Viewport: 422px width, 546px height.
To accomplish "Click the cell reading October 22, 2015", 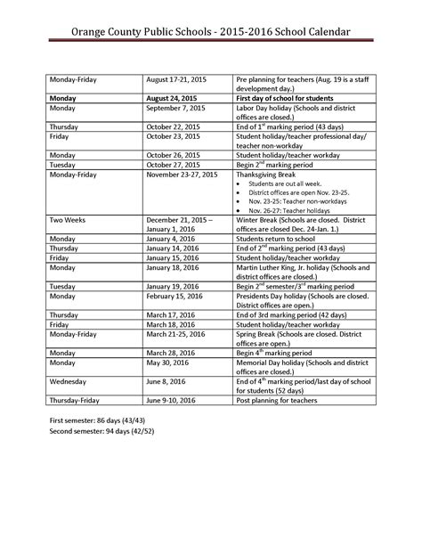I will pyautogui.click(x=175, y=126).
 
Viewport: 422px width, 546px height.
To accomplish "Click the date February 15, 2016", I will pyautogui.click(x=176, y=295).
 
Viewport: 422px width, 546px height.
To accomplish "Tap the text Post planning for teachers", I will pyautogui.click(x=283, y=401).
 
